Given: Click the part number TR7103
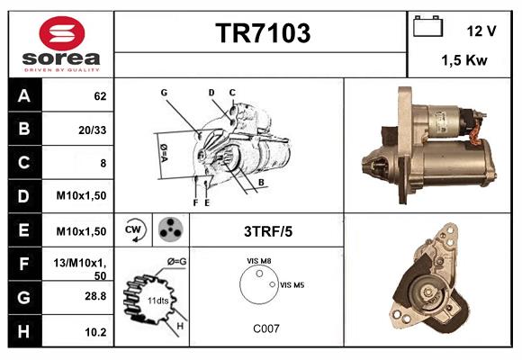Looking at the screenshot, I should [x=262, y=33].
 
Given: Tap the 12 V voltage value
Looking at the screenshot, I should [x=481, y=31].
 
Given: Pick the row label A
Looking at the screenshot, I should [x=22, y=95].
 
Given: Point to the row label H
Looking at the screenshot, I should [x=22, y=331].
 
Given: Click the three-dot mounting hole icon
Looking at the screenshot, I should [x=168, y=230].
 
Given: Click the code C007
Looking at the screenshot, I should [x=265, y=328].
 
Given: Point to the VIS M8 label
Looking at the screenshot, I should [x=259, y=261].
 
